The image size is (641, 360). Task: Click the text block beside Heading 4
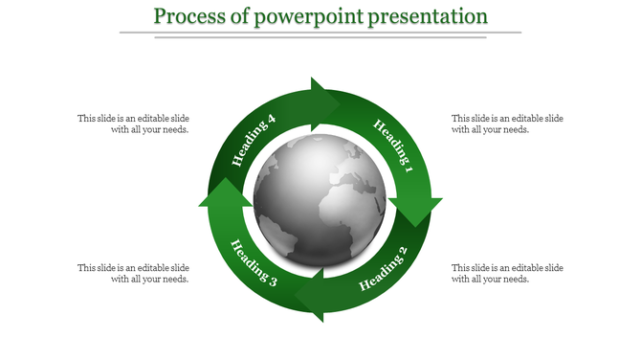tap(133, 124)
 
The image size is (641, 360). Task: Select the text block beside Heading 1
tap(507, 124)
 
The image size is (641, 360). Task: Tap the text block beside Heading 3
tap(133, 273)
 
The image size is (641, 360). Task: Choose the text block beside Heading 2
tap(507, 273)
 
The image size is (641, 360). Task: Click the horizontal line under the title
tap(320, 34)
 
